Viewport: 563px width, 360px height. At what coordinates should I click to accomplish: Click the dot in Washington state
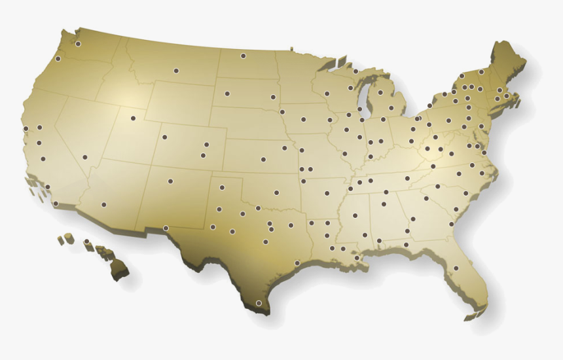pos(78,44)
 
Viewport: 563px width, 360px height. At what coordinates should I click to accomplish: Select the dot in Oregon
pos(58,59)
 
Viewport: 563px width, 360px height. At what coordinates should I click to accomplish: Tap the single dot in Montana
pos(175,71)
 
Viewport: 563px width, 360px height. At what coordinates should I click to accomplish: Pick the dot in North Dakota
pos(243,56)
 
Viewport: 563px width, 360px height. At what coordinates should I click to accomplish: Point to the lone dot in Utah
pos(133,118)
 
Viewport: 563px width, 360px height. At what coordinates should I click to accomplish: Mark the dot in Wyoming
pos(164,137)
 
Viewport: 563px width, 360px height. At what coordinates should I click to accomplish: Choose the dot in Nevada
pos(85,157)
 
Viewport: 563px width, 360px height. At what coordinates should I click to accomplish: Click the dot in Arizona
pos(103,204)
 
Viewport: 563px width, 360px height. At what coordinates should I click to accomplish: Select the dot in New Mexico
pos(170,181)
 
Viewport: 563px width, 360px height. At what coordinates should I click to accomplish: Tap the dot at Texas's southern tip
pos(259,303)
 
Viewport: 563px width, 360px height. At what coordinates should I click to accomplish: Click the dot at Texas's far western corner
pos(166,228)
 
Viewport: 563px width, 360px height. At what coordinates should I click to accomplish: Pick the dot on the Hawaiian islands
pos(86,242)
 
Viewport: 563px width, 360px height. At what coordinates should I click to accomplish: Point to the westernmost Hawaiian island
pos(60,240)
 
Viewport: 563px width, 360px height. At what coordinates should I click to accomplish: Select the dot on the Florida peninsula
pos(456,268)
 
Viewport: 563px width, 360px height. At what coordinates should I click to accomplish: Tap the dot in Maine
pos(481,72)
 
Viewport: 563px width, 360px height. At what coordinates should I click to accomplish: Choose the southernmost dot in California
pos(56,204)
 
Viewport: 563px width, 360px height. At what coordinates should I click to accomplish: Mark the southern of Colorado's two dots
pos(203,156)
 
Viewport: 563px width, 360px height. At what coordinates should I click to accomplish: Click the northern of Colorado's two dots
pos(206,145)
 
